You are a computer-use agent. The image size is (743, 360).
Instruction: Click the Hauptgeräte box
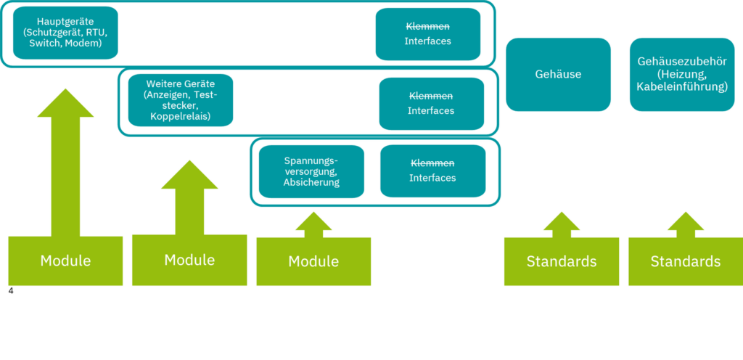[65, 33]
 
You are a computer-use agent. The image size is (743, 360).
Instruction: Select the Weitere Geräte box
[181, 100]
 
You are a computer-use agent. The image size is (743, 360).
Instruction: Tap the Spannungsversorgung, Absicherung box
[311, 171]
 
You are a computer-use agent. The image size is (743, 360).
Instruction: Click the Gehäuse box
[558, 74]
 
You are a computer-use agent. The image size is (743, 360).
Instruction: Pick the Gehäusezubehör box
[682, 74]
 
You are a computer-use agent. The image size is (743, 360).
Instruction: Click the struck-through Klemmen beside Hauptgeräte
[427, 27]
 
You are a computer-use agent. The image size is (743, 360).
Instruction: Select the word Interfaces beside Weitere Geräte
[431, 111]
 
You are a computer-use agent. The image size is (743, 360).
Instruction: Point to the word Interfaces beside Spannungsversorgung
[432, 178]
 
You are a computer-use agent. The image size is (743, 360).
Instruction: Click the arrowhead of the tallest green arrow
[65, 103]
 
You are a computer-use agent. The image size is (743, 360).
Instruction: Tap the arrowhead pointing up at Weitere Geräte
[189, 175]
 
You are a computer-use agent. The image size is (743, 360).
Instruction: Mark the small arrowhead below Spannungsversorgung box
[313, 221]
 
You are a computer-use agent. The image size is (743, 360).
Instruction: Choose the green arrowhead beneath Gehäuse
[562, 221]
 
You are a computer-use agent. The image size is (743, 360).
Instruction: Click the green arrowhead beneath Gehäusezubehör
[686, 221]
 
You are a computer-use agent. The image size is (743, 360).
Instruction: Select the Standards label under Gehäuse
[562, 261]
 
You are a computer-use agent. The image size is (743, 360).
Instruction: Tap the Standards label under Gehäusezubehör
[686, 261]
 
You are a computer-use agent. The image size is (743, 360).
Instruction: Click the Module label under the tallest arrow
[65, 261]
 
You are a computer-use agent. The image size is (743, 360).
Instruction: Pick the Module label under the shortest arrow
[313, 261]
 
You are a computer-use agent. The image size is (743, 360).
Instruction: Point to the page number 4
[11, 291]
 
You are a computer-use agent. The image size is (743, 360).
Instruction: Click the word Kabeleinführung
[682, 86]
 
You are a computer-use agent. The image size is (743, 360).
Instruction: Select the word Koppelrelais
[181, 117]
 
